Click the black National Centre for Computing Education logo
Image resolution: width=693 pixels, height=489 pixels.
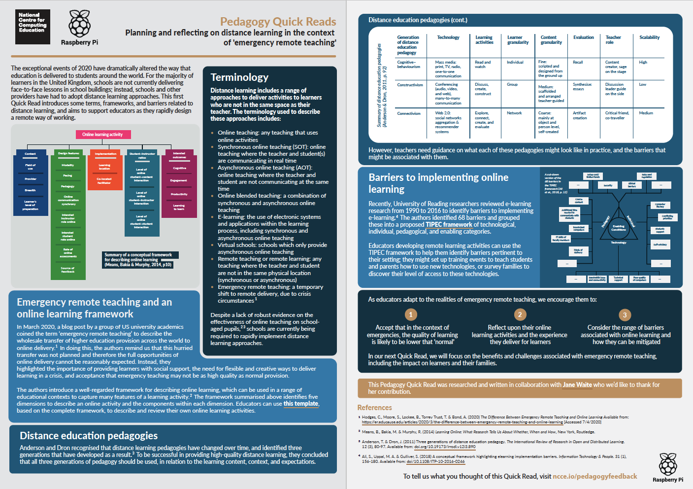click(x=33, y=27)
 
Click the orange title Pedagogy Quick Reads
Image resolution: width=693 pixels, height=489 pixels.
click(x=278, y=22)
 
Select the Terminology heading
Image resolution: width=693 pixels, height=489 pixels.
click(x=239, y=77)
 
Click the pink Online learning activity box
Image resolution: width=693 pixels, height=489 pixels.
click(x=102, y=135)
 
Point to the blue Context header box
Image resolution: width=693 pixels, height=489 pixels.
click(x=30, y=154)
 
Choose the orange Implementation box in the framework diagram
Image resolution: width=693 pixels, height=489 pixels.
click(x=105, y=154)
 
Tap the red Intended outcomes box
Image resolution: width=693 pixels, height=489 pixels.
click(x=179, y=155)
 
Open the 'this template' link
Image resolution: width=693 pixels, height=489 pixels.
click(x=301, y=404)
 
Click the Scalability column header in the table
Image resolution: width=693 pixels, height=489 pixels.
click(x=649, y=37)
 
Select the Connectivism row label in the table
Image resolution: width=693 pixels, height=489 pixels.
click(x=409, y=113)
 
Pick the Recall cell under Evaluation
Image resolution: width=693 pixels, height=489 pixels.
click(x=578, y=63)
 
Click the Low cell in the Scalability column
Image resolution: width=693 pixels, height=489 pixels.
click(x=642, y=85)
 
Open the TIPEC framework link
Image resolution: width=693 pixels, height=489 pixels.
click(x=449, y=225)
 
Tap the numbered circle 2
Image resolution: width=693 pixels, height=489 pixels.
click(x=520, y=314)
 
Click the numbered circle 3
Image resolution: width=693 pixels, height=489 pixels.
click(x=625, y=315)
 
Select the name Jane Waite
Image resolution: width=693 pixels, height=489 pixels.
click(x=577, y=385)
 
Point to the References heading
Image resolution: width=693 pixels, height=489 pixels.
click(x=374, y=408)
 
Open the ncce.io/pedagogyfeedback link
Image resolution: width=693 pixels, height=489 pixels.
click(x=594, y=476)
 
